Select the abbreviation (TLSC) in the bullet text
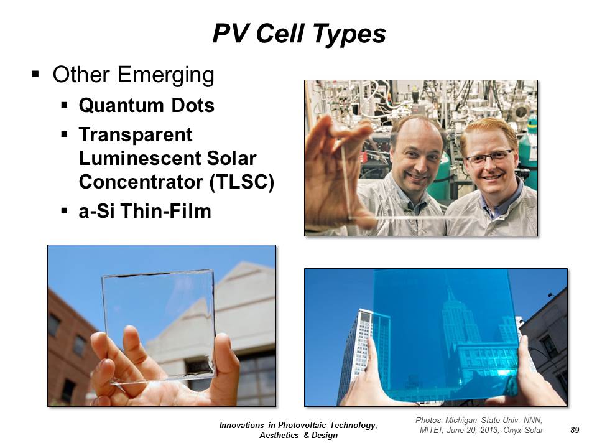point(241,181)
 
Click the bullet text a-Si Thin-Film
point(145,211)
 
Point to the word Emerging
point(165,75)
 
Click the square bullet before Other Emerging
point(35,73)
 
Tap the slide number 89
point(575,430)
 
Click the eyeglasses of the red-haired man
point(489,157)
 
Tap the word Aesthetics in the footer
point(279,435)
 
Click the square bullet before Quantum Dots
point(64,104)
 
